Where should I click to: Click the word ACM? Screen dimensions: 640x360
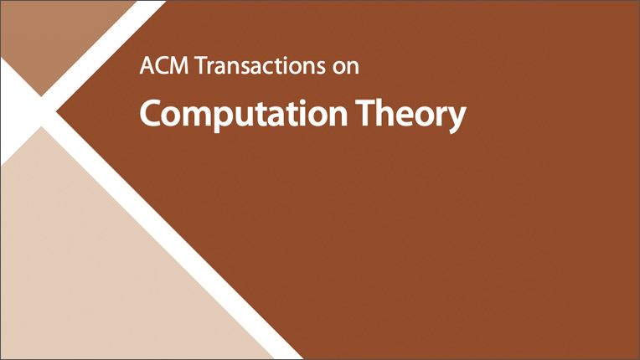pyautogui.click(x=164, y=65)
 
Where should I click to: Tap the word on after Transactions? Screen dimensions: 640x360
pyautogui.click(x=346, y=68)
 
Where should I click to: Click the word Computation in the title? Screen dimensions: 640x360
pyautogui.click(x=244, y=114)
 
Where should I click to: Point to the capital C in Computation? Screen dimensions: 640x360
pyautogui.click(x=149, y=113)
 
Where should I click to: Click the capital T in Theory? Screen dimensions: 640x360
pyautogui.click(x=365, y=113)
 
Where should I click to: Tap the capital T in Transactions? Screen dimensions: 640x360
pyautogui.click(x=202, y=65)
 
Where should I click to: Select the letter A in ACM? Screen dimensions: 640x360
pyautogui.click(x=147, y=65)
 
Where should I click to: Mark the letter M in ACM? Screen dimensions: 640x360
pyautogui.click(x=178, y=65)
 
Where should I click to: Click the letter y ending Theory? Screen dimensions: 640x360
pyautogui.click(x=456, y=120)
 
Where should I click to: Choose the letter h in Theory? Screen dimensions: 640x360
pyautogui.click(x=385, y=112)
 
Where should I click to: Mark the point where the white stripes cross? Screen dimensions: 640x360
pyautogui.click(x=41, y=111)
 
